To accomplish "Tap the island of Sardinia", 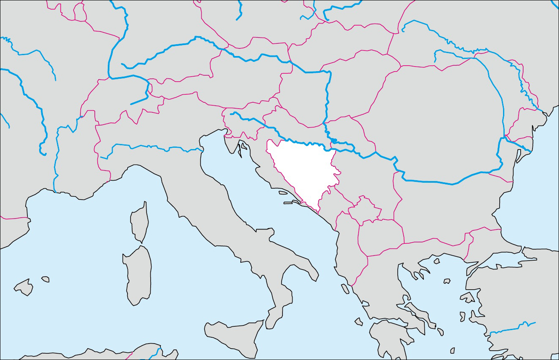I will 138,274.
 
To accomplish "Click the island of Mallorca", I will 24,288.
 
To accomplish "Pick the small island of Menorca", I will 45,279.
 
